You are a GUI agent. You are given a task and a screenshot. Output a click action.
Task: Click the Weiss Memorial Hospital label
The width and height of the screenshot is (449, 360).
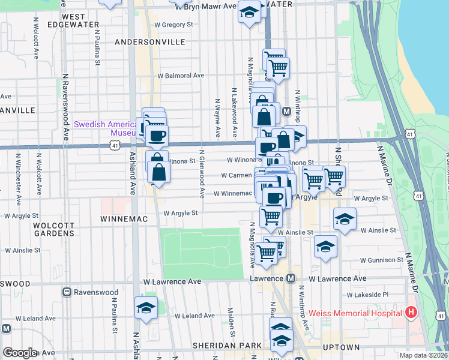(x=355, y=313)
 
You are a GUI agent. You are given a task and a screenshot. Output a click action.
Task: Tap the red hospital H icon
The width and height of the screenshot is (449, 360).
(x=411, y=313)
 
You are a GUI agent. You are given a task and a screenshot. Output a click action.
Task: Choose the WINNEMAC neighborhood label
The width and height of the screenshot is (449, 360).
(x=124, y=220)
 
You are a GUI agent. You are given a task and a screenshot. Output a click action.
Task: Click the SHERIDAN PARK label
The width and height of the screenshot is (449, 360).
(x=228, y=346)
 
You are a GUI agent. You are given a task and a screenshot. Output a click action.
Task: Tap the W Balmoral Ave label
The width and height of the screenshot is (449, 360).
(x=181, y=76)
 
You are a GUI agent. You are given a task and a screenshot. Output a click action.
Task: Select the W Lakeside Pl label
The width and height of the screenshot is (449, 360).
(x=368, y=295)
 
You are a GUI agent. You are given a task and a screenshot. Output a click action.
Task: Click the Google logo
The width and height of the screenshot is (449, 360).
(x=20, y=353)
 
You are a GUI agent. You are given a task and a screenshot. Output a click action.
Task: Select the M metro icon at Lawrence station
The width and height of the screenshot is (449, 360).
(x=291, y=278)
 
